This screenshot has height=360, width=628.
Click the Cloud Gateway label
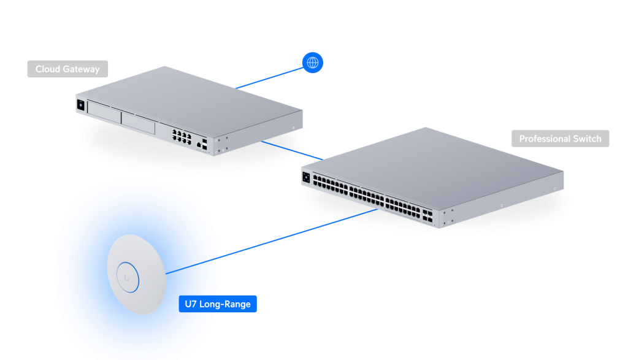[67, 69]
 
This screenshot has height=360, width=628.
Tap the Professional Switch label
[560, 139]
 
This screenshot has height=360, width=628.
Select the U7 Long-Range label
[218, 304]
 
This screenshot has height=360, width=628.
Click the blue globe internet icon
[313, 63]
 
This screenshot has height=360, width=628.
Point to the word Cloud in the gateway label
[47, 69]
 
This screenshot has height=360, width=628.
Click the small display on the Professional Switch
[306, 178]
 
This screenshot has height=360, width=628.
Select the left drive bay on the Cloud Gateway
[103, 111]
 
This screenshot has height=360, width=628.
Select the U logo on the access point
[127, 277]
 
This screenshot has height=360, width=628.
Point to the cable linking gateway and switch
[291, 150]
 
